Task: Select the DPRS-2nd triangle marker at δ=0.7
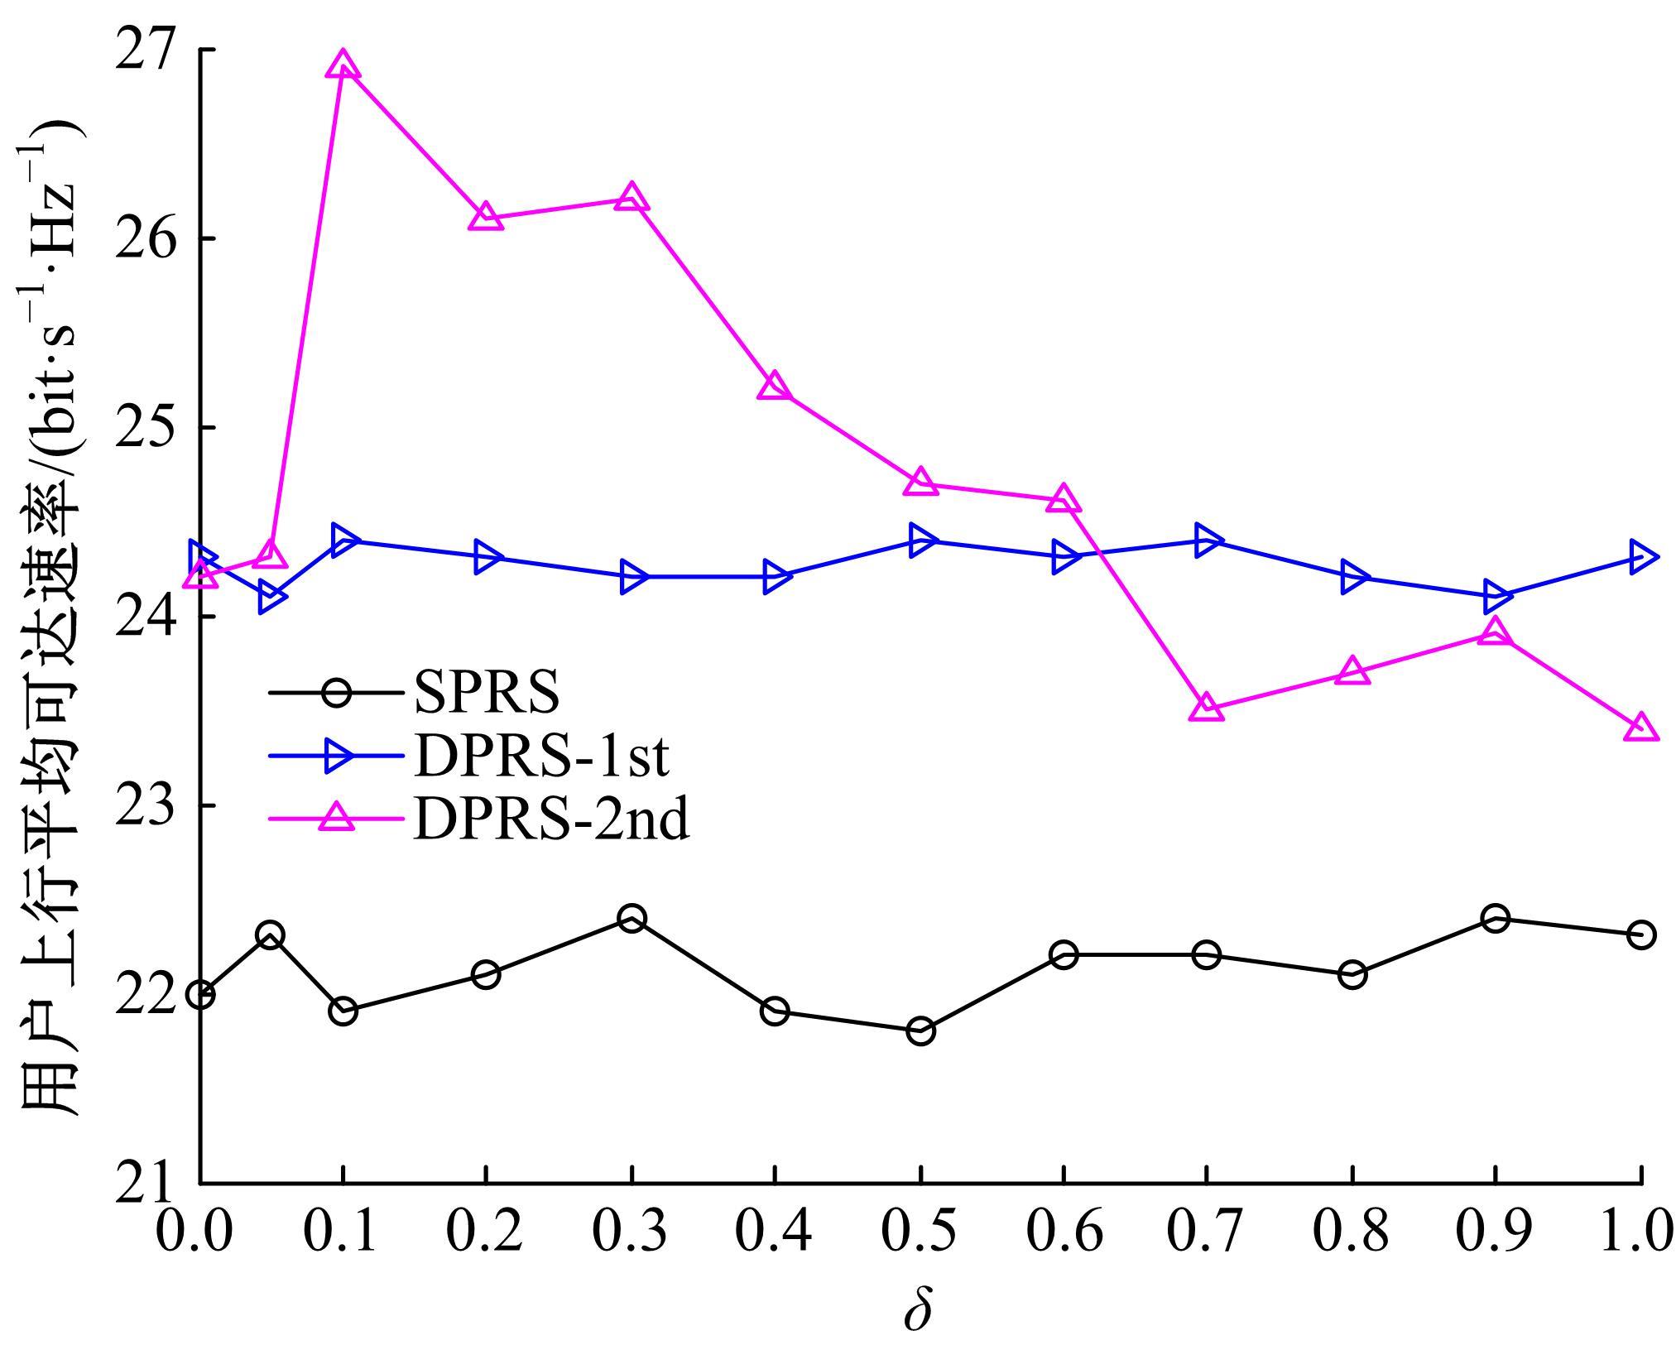coord(1206,708)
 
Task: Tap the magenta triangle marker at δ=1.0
coord(1640,728)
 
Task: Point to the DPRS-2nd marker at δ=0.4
coord(774,386)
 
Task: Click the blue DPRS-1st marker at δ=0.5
coord(920,540)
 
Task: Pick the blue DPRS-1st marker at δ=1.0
coord(1640,556)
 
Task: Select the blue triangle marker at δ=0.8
coord(1352,576)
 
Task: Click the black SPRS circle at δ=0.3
coord(632,918)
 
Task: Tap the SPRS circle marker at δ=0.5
coord(920,1031)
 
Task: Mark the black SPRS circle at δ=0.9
coord(1495,918)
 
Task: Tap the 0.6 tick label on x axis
coord(1064,1230)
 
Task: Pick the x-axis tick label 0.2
coord(485,1230)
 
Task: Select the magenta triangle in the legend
coord(338,819)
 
